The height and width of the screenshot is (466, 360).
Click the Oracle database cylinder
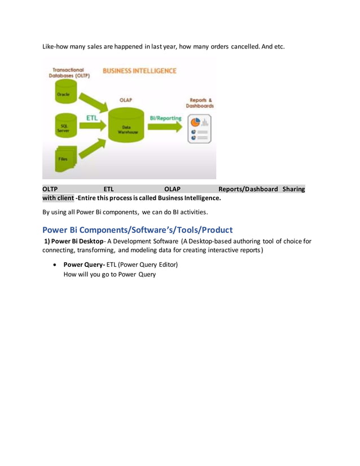tap(64, 98)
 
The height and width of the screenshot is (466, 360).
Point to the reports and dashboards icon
tap(199, 129)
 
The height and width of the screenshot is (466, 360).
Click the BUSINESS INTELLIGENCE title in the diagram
tap(139, 71)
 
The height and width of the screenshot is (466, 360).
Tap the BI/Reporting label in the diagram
tap(165, 118)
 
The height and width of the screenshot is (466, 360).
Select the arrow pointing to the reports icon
tap(165, 128)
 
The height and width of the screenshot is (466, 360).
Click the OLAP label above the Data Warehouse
tap(126, 99)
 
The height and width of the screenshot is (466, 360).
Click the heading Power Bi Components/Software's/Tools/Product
tap(137, 230)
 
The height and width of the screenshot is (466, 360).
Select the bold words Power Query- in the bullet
tap(84, 264)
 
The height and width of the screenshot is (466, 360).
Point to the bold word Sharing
tap(293, 189)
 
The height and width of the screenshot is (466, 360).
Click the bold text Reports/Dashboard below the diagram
tap(248, 189)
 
